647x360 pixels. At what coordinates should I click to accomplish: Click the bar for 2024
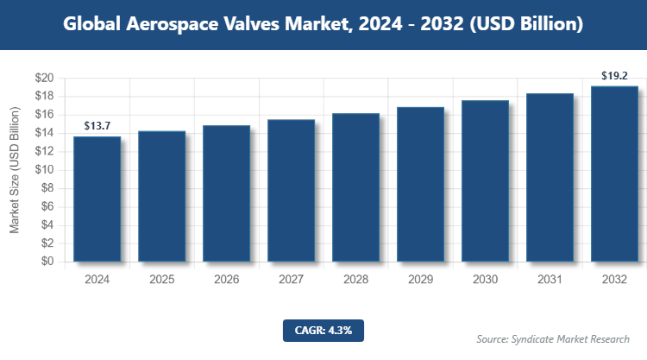pos(97,199)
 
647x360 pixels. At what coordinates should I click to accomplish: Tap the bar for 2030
pos(485,180)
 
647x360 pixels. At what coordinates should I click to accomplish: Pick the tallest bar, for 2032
pos(614,174)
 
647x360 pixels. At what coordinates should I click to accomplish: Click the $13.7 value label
pos(97,126)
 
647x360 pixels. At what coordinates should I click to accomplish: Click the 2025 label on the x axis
pos(161,280)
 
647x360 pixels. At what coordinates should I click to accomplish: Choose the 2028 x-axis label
pos(355,280)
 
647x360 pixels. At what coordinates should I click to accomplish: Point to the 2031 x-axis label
pos(550,280)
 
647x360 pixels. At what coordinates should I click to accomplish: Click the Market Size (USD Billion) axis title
pos(15,170)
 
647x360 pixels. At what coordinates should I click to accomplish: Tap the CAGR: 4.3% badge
pos(323,329)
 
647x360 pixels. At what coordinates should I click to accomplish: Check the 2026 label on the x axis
pos(226,280)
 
